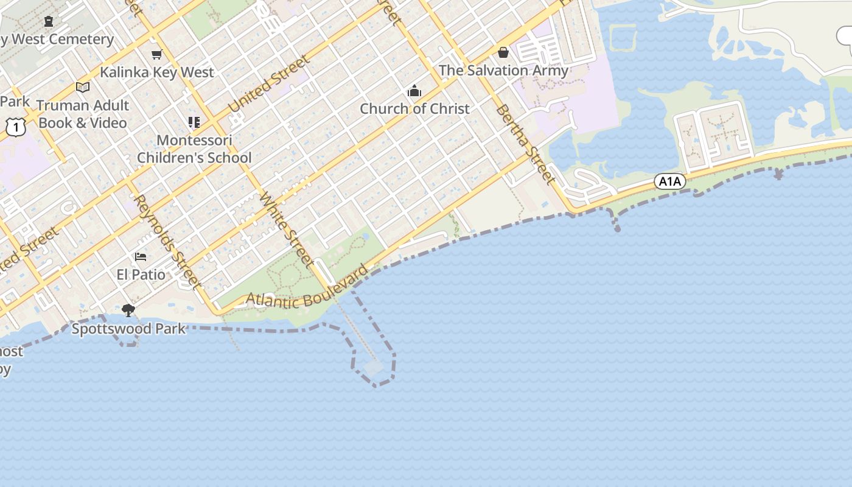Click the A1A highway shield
pos(670,181)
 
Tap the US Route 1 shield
pos(16,127)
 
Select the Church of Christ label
pos(414,109)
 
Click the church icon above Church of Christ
pos(414,91)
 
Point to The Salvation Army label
pos(503,71)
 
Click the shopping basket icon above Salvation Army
pos(503,53)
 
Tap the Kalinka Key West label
pos(157,72)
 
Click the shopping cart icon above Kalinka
pos(157,55)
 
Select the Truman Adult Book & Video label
pos(83,114)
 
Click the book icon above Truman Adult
pos(83,88)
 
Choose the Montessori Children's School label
pos(194,149)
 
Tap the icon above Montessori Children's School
pos(194,122)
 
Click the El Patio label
pos(141,275)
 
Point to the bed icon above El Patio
pos(141,257)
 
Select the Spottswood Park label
pos(128,329)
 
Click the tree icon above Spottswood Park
pos(128,310)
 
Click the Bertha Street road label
pos(525,144)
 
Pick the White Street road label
pos(286,230)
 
